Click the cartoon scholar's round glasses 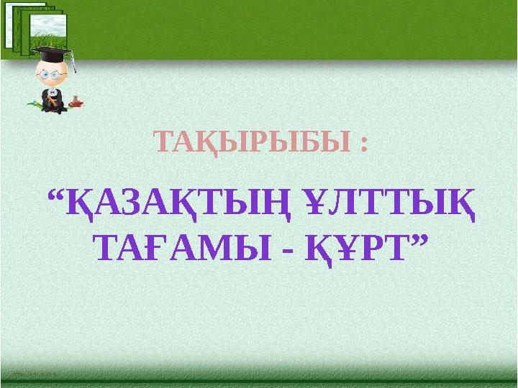[50, 75]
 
